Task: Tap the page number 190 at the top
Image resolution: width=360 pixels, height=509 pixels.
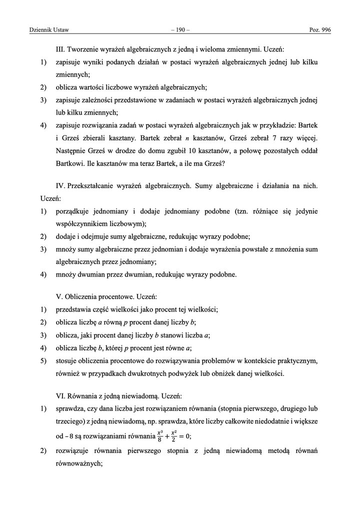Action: (x=180, y=31)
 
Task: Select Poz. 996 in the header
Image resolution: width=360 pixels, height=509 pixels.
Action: (x=320, y=31)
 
